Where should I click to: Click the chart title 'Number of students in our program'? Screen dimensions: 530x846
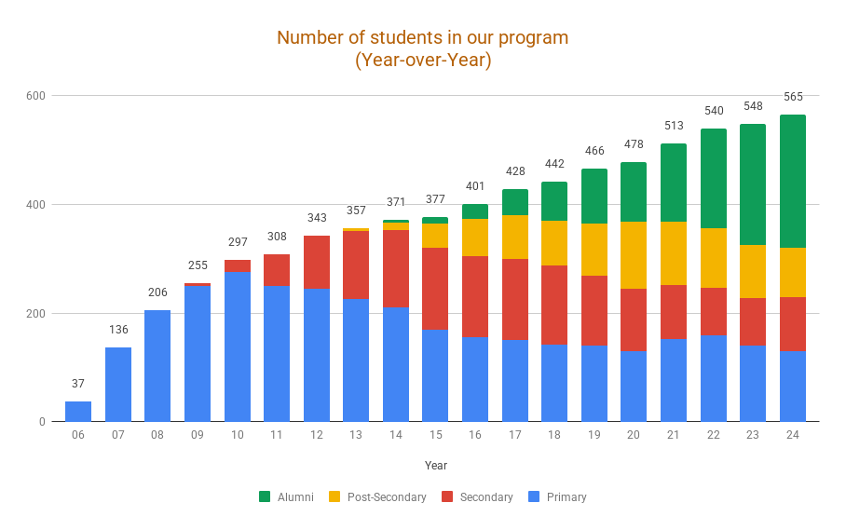[x=422, y=38]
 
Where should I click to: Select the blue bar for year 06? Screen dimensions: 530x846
[x=78, y=411]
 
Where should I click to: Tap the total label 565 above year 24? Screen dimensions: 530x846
[x=793, y=97]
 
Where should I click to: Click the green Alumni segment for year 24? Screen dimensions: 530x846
[x=793, y=181]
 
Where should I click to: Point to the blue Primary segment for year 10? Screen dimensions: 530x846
[x=237, y=346]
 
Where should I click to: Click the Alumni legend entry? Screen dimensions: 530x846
[x=287, y=497]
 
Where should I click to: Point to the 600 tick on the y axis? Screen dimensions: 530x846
[x=36, y=96]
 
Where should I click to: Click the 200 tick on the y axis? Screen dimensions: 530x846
[x=36, y=314]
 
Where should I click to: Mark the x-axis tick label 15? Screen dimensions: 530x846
[x=435, y=436]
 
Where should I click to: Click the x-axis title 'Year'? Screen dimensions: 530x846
[x=435, y=465]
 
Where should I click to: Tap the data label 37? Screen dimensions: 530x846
[x=78, y=384]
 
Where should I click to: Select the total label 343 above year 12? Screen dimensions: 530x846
[x=317, y=218]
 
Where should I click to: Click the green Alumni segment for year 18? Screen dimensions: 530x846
[x=554, y=201]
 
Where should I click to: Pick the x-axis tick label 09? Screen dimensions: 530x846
[x=198, y=436]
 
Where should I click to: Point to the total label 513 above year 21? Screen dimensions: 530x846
[x=674, y=126]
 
